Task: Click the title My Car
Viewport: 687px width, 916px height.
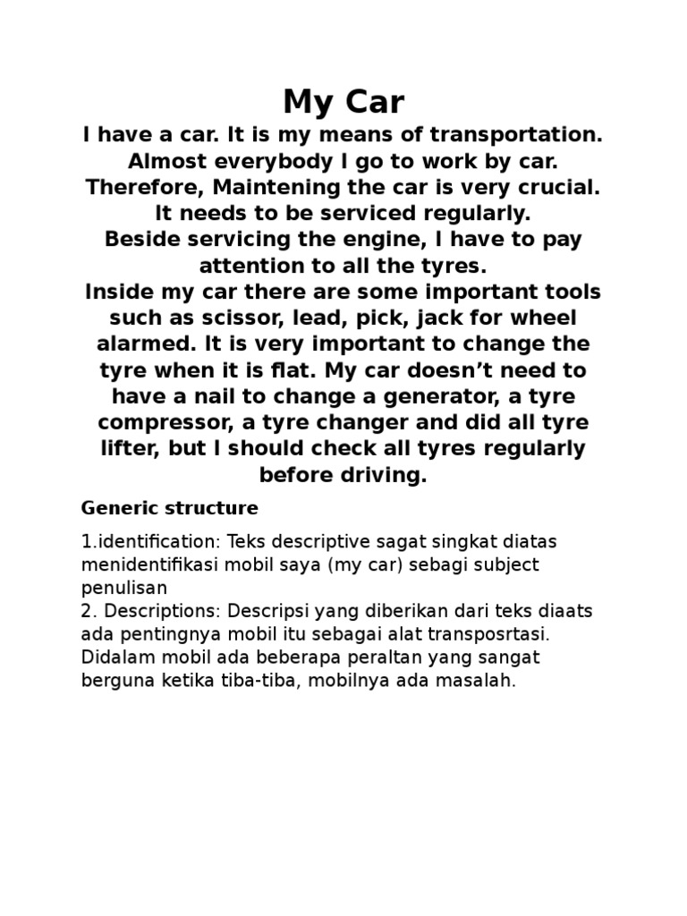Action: (x=343, y=102)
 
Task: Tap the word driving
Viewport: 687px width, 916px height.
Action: (x=377, y=475)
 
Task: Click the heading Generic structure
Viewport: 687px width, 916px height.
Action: (x=170, y=508)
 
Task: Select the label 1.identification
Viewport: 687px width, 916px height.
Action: (x=150, y=543)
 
